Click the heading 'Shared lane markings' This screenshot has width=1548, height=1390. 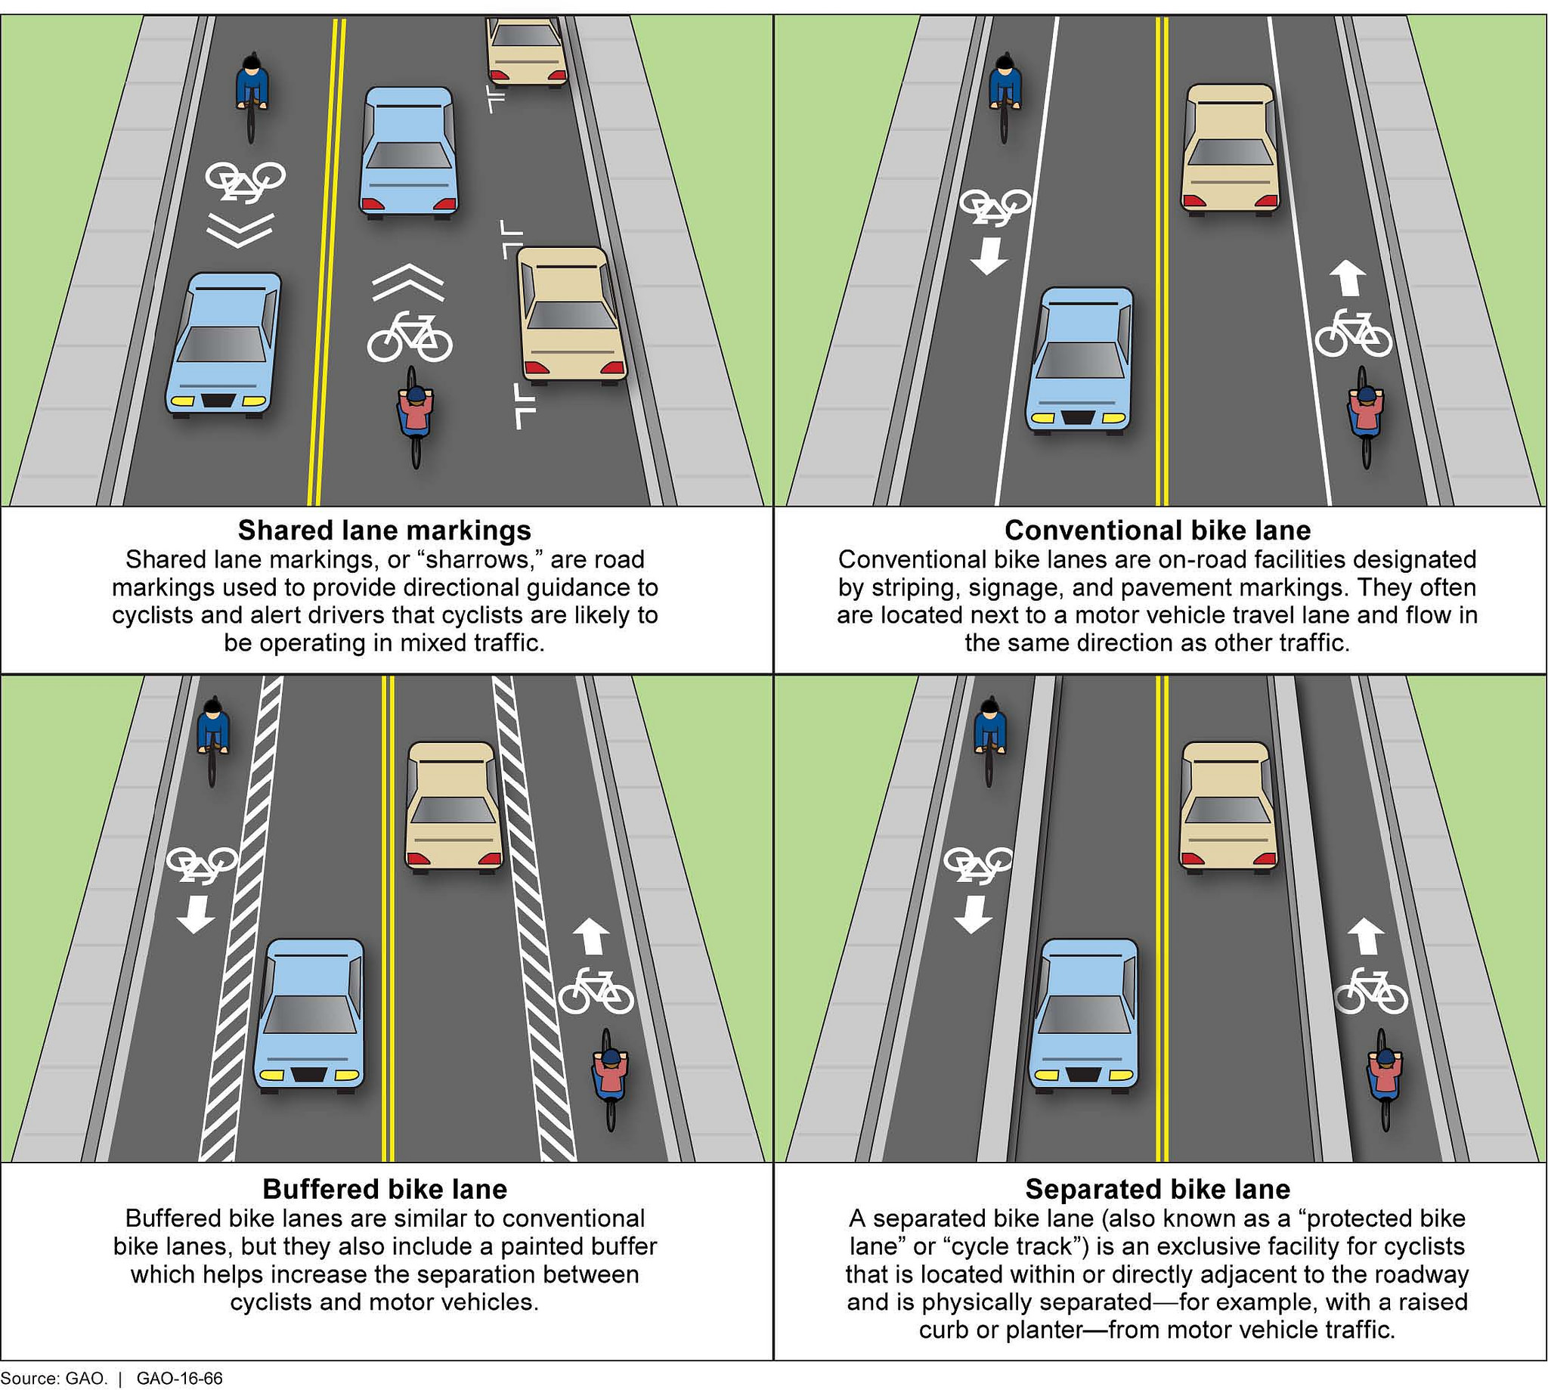(384, 530)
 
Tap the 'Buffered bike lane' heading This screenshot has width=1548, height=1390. (384, 1189)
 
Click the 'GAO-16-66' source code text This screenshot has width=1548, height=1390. (179, 1379)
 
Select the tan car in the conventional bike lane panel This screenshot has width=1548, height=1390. (1230, 150)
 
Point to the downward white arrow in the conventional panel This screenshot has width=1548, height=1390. (988, 255)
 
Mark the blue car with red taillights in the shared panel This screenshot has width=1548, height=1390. (409, 153)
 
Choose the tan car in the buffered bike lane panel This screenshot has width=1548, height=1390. (454, 808)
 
